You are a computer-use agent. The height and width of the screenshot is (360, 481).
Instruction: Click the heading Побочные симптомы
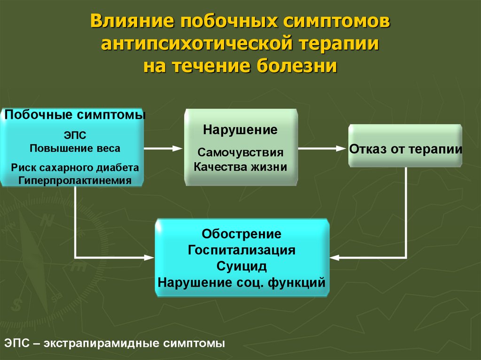75,115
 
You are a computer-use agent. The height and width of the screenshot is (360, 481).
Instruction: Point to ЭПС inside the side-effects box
75,136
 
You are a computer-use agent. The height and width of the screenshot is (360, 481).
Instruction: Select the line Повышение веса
75,148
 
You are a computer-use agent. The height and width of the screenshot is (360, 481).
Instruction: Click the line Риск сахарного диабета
75,168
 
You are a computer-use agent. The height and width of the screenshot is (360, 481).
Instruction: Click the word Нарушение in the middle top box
240,130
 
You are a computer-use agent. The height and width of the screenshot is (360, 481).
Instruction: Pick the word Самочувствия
240,153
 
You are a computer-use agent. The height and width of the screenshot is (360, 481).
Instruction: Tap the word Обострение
241,233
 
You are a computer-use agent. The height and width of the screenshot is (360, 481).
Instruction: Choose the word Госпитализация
241,250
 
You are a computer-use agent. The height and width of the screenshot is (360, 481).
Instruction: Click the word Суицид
241,267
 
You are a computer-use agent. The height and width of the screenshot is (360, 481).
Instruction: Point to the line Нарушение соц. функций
241,283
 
